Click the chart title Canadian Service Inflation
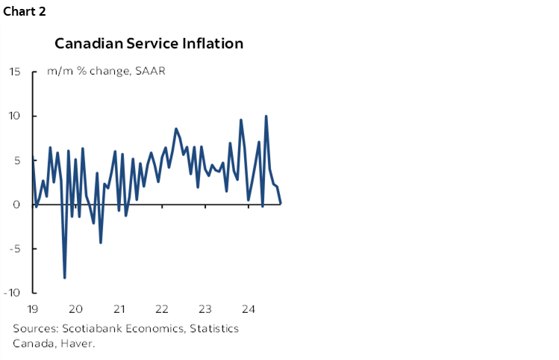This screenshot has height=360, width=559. point(149,43)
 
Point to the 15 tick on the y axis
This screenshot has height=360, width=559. point(15,72)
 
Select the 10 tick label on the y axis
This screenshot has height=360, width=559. point(15,116)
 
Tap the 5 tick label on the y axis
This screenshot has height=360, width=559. point(17,160)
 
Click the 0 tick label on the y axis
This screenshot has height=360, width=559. point(17,204)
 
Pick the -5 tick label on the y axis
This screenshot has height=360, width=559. point(15,248)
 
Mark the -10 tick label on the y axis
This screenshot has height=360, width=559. point(13,292)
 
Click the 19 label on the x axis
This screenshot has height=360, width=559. point(33,309)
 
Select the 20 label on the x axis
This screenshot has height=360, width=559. point(76,309)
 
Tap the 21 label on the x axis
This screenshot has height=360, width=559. point(119,309)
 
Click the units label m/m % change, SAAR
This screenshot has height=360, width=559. point(106,72)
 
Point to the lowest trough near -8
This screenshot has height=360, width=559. point(65,277)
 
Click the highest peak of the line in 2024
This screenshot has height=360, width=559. point(266,116)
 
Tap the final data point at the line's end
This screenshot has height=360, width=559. point(281,203)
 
